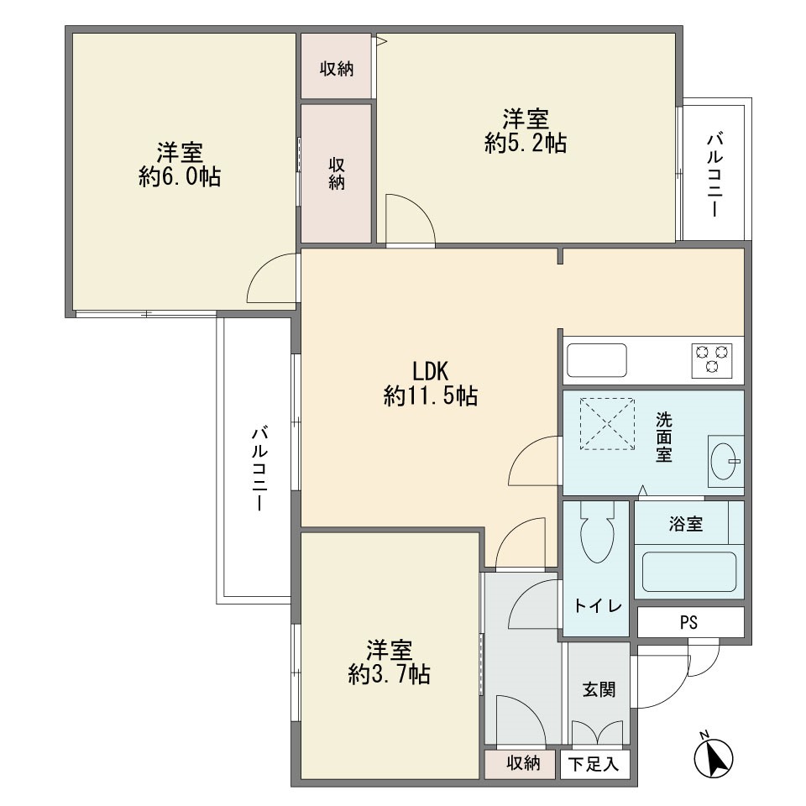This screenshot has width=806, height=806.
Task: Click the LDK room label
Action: click(430, 370)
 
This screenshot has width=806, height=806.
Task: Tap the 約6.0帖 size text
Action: click(180, 177)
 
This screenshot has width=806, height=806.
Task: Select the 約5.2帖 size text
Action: click(526, 143)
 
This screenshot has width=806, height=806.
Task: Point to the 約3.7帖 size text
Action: click(389, 673)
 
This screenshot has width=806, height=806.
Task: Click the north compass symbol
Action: click(713, 756)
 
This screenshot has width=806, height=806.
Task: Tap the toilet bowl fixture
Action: click(597, 534)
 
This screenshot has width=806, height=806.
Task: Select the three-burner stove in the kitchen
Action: click(712, 360)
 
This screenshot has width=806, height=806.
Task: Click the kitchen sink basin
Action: click(596, 360)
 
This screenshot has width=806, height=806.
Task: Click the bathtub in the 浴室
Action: click(688, 572)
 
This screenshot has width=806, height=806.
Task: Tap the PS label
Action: click(688, 622)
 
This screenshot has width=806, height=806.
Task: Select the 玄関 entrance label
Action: click(599, 689)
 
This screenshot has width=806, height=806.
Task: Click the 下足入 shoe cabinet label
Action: click(594, 764)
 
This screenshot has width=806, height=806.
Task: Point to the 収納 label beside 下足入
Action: click(523, 763)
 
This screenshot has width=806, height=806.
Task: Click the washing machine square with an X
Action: click(608, 424)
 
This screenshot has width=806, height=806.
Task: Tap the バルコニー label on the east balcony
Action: click(715, 175)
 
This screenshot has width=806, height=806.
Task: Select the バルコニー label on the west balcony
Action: click(260, 468)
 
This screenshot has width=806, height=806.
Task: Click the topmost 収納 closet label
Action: click(337, 68)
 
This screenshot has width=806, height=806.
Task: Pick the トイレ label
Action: click(598, 606)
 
